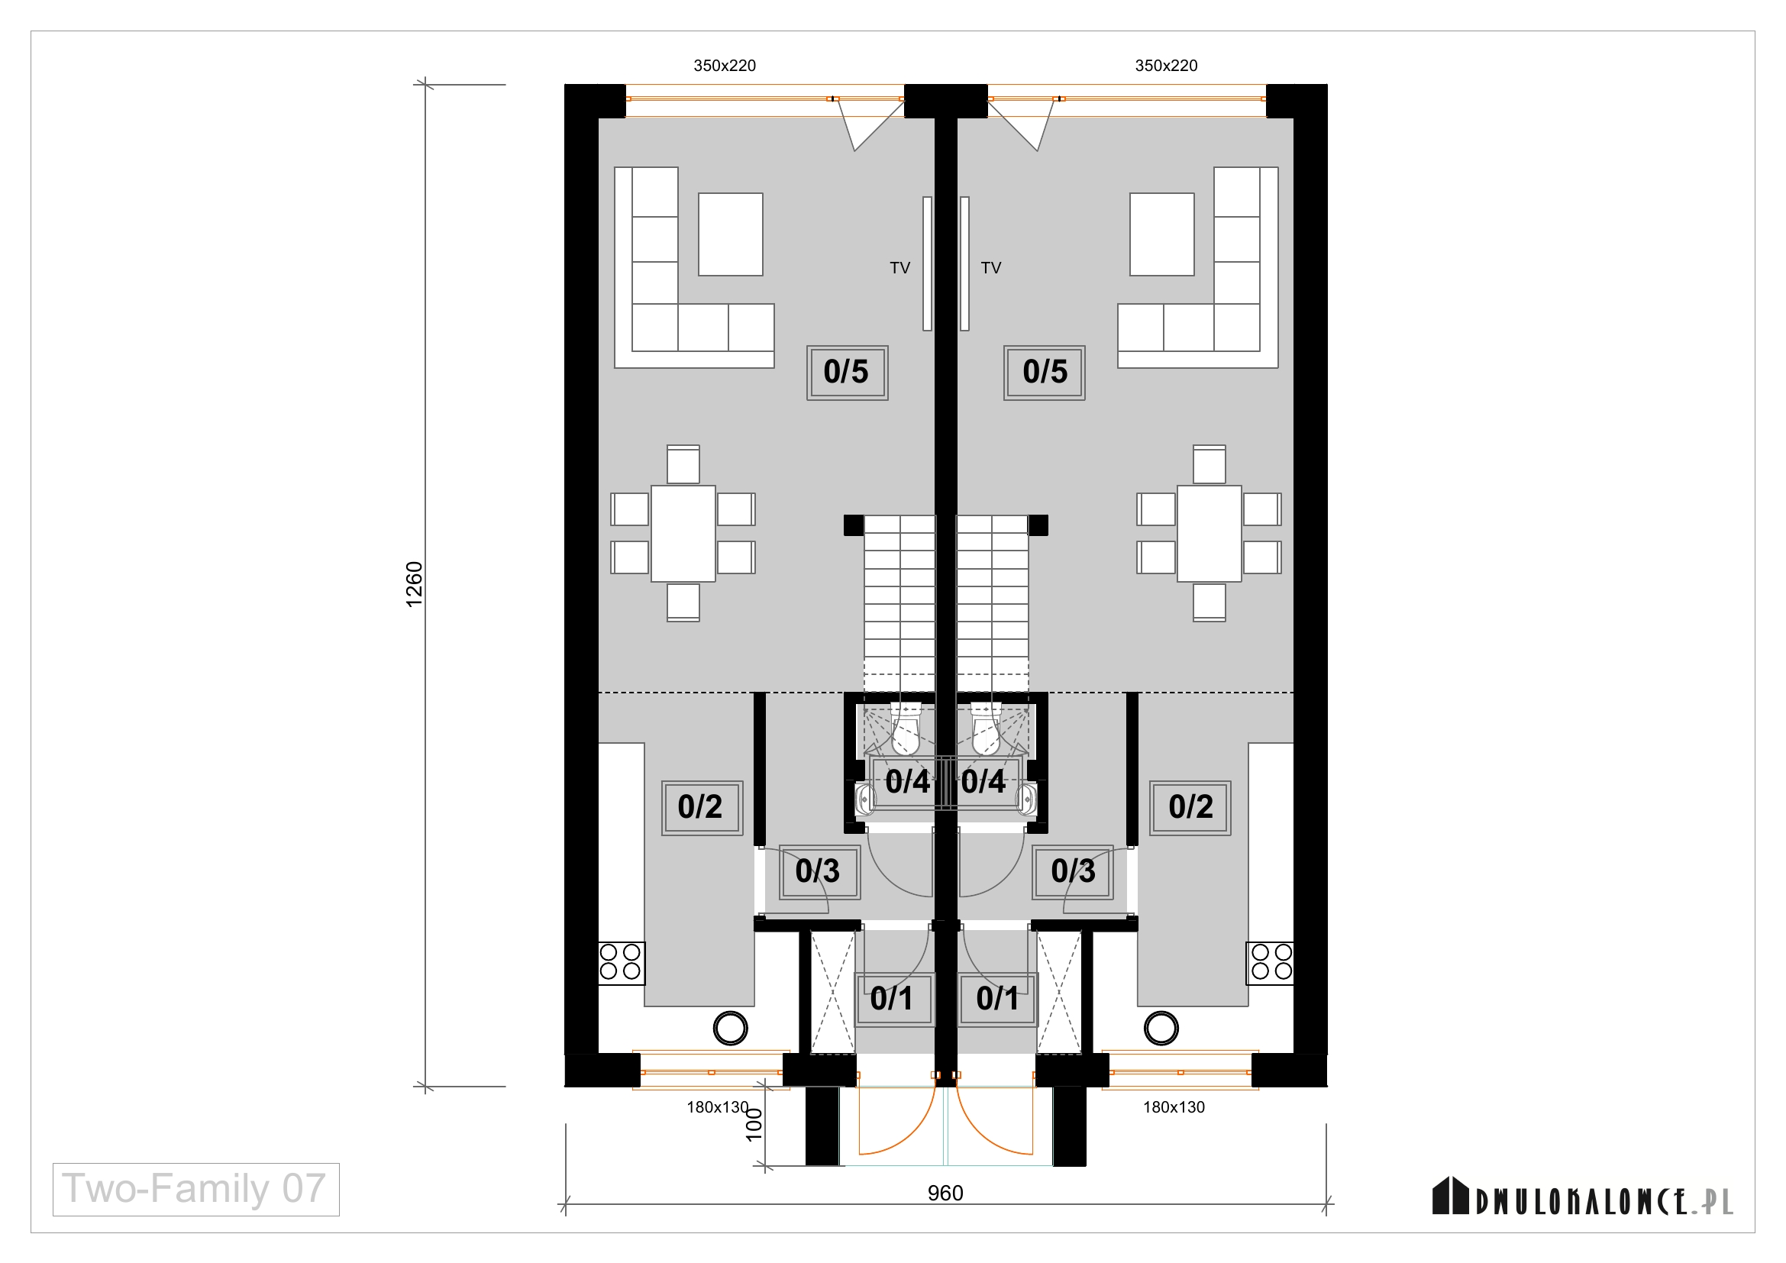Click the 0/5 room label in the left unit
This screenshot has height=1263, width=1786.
847,373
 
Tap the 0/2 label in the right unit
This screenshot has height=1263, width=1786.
1190,807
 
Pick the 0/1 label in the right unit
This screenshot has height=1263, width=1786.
997,999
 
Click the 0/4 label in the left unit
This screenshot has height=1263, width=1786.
907,782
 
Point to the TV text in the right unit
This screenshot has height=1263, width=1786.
991,268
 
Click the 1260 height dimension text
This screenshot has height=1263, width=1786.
415,584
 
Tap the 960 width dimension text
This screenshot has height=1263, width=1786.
945,1193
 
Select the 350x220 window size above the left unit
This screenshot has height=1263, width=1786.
724,66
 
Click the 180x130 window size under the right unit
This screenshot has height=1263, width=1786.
1174,1107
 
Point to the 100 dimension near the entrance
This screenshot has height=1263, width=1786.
754,1125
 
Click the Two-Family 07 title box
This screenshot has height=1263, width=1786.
196,1189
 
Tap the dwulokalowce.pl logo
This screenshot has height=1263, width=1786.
1582,1197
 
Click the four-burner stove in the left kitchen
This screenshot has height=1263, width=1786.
622,962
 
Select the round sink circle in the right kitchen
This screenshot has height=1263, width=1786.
1161,1028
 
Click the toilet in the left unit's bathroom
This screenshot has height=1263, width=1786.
906,728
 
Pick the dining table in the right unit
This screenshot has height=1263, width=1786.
1209,534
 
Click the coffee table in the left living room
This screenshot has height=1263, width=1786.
731,234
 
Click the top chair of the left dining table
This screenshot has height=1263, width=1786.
683,464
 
